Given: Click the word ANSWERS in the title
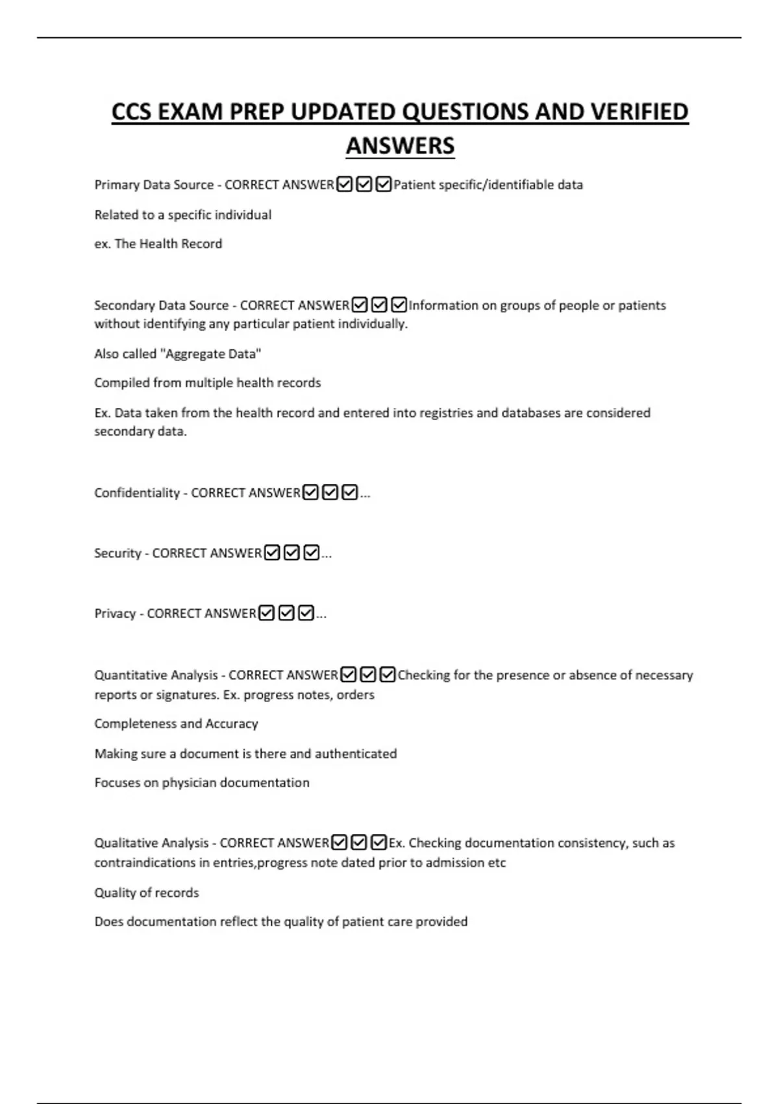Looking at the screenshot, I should pyautogui.click(x=400, y=145).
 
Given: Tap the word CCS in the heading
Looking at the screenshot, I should pyautogui.click(x=132, y=112).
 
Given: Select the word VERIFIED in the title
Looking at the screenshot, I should pyautogui.click(x=639, y=112).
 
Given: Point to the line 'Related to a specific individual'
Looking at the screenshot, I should pyautogui.click(x=183, y=215).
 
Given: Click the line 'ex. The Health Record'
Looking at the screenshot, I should pyautogui.click(x=158, y=244).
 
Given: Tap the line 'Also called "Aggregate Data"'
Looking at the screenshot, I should pyautogui.click(x=178, y=354).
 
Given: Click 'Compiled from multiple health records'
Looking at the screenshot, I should pyautogui.click(x=208, y=383).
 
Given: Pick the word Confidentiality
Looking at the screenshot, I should pyautogui.click(x=137, y=493).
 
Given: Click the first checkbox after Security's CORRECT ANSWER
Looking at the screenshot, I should pyautogui.click(x=273, y=553).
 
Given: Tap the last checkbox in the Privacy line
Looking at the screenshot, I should pyautogui.click(x=306, y=614).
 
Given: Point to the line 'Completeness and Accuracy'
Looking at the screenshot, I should pyautogui.click(x=177, y=724).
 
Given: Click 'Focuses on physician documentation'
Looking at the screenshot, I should pyautogui.click(x=202, y=783).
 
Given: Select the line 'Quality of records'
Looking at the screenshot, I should pyautogui.click(x=147, y=893).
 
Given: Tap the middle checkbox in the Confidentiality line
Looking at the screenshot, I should pyautogui.click(x=330, y=493).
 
